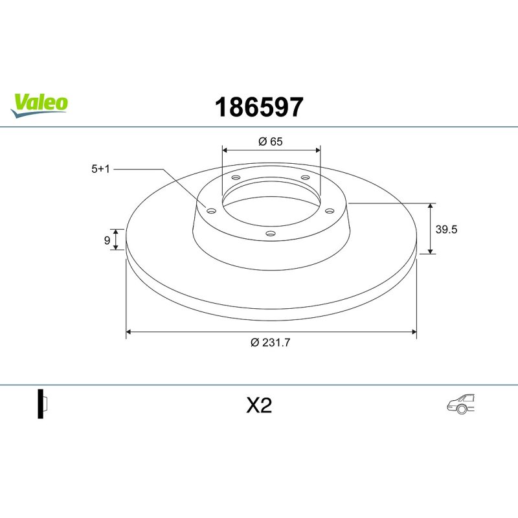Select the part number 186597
coord(259,107)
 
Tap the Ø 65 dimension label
coord(271,142)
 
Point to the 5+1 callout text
coord(102,168)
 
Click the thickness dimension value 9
coord(107,240)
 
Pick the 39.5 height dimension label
coord(447,229)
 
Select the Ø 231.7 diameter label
coord(270,343)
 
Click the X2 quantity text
coord(259,406)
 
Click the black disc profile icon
coord(41,405)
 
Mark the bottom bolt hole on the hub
coord(271,234)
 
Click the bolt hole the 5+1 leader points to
coord(210,210)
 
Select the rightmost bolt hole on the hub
coord(329,210)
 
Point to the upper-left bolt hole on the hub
coord(236,179)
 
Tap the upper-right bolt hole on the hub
coord(305,179)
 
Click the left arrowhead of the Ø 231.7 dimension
coord(129,332)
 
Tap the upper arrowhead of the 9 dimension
coord(116,231)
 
